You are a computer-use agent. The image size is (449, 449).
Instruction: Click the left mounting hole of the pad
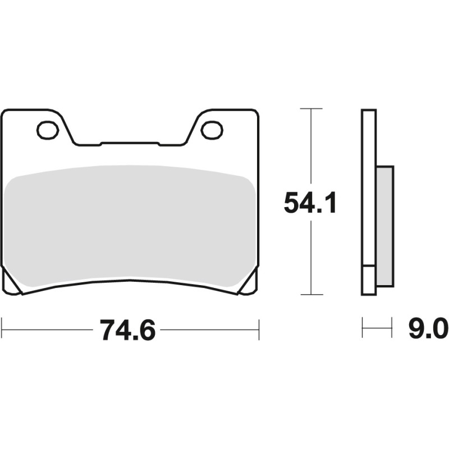[48, 130]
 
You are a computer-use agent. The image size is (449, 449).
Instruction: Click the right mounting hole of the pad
[212, 130]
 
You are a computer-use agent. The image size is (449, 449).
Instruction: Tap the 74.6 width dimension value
[127, 330]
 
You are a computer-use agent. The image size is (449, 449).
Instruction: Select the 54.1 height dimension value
[310, 203]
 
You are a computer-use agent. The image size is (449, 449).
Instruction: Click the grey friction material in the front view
[130, 224]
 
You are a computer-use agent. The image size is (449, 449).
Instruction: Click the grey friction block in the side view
[384, 224]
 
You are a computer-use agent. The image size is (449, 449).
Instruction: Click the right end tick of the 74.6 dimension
[259, 330]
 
